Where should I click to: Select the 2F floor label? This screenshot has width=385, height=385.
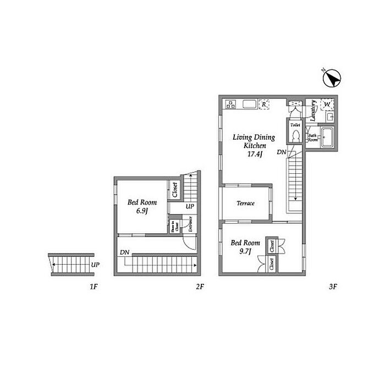200,286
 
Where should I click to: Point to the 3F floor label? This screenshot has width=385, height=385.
332,286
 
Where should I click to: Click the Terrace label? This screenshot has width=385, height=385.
245,204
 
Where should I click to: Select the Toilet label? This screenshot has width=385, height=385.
295,125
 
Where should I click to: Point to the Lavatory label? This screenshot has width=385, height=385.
312,110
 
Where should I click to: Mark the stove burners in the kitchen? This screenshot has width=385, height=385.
230,104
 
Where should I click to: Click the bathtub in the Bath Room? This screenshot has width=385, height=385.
327,137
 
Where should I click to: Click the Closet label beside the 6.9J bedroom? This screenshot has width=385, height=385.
175,191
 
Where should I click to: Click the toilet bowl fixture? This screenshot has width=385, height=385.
295,136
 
